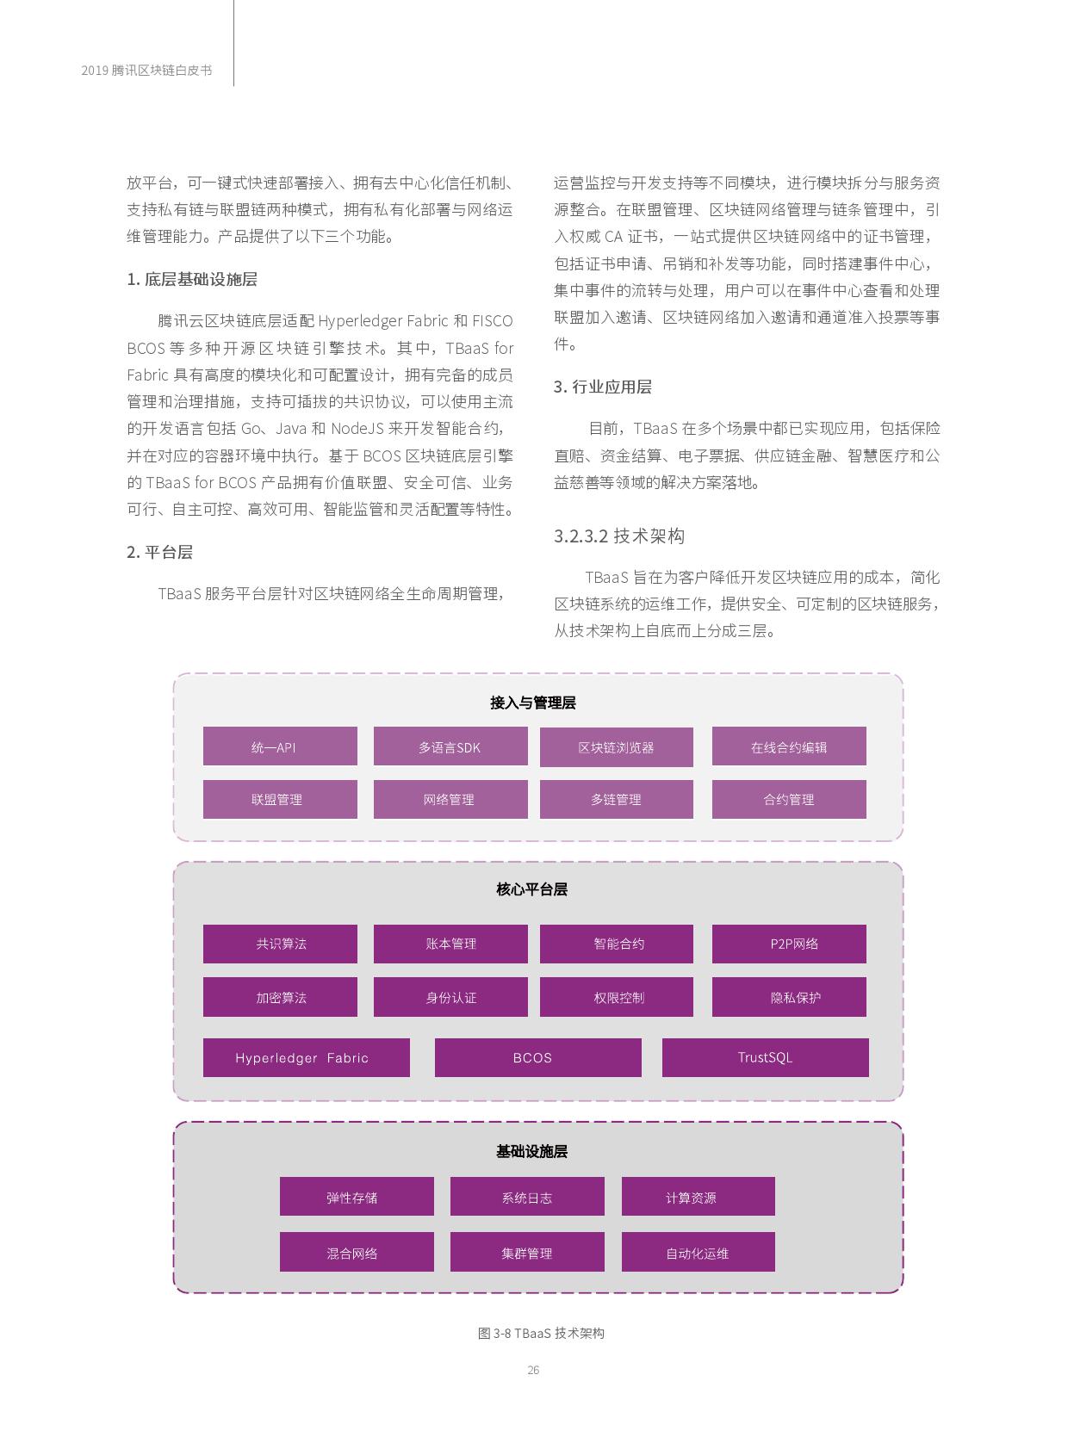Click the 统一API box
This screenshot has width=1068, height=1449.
pos(280,746)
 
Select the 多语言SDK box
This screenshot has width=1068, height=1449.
pos(450,746)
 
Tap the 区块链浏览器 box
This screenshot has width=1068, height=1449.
pos(616,746)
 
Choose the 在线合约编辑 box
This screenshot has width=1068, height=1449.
pos(788,746)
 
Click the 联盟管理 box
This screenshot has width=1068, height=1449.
pos(280,799)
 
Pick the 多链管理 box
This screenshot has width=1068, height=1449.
pos(616,799)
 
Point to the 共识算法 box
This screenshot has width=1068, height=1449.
pos(280,944)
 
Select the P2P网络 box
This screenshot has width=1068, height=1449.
pos(788,944)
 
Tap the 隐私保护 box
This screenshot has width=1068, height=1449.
pos(788,997)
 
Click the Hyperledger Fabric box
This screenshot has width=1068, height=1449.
pos(306,1057)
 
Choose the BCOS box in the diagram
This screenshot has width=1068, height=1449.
pos(537,1057)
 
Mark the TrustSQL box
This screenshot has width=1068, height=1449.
pos(765,1057)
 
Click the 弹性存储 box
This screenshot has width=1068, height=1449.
pos(357,1197)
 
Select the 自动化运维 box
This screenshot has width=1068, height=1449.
pos(698,1252)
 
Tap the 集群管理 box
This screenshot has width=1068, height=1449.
pos(527,1252)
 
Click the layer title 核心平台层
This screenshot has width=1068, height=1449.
pos(532,889)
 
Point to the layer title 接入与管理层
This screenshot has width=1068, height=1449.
pos(532,703)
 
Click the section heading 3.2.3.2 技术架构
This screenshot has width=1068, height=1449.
pos(618,536)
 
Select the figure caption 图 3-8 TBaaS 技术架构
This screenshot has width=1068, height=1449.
pos(541,1333)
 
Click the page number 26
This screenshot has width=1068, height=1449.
pos(533,1370)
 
